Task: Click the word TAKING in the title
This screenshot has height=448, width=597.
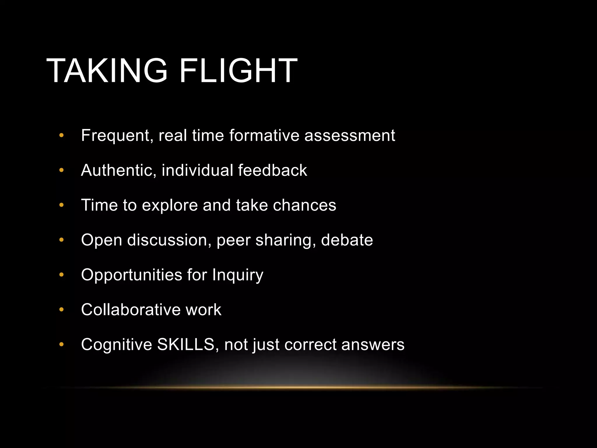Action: pos(107,71)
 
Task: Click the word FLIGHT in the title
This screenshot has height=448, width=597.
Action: pos(238,71)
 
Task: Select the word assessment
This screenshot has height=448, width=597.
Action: pos(350,136)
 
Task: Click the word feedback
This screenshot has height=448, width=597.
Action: pos(272,170)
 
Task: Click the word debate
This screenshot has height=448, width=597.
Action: pos(347,240)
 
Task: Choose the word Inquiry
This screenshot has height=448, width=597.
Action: pos(238,275)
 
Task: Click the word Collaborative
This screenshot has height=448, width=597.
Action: pos(131,310)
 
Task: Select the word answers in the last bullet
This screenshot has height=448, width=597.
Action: pos(373,344)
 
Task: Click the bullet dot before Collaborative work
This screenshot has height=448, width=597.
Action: pos(61,310)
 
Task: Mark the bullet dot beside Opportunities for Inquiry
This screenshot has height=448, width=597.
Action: pos(61,275)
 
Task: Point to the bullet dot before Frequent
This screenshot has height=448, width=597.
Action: pos(61,135)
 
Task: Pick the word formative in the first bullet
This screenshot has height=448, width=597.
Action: pos(264,136)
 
